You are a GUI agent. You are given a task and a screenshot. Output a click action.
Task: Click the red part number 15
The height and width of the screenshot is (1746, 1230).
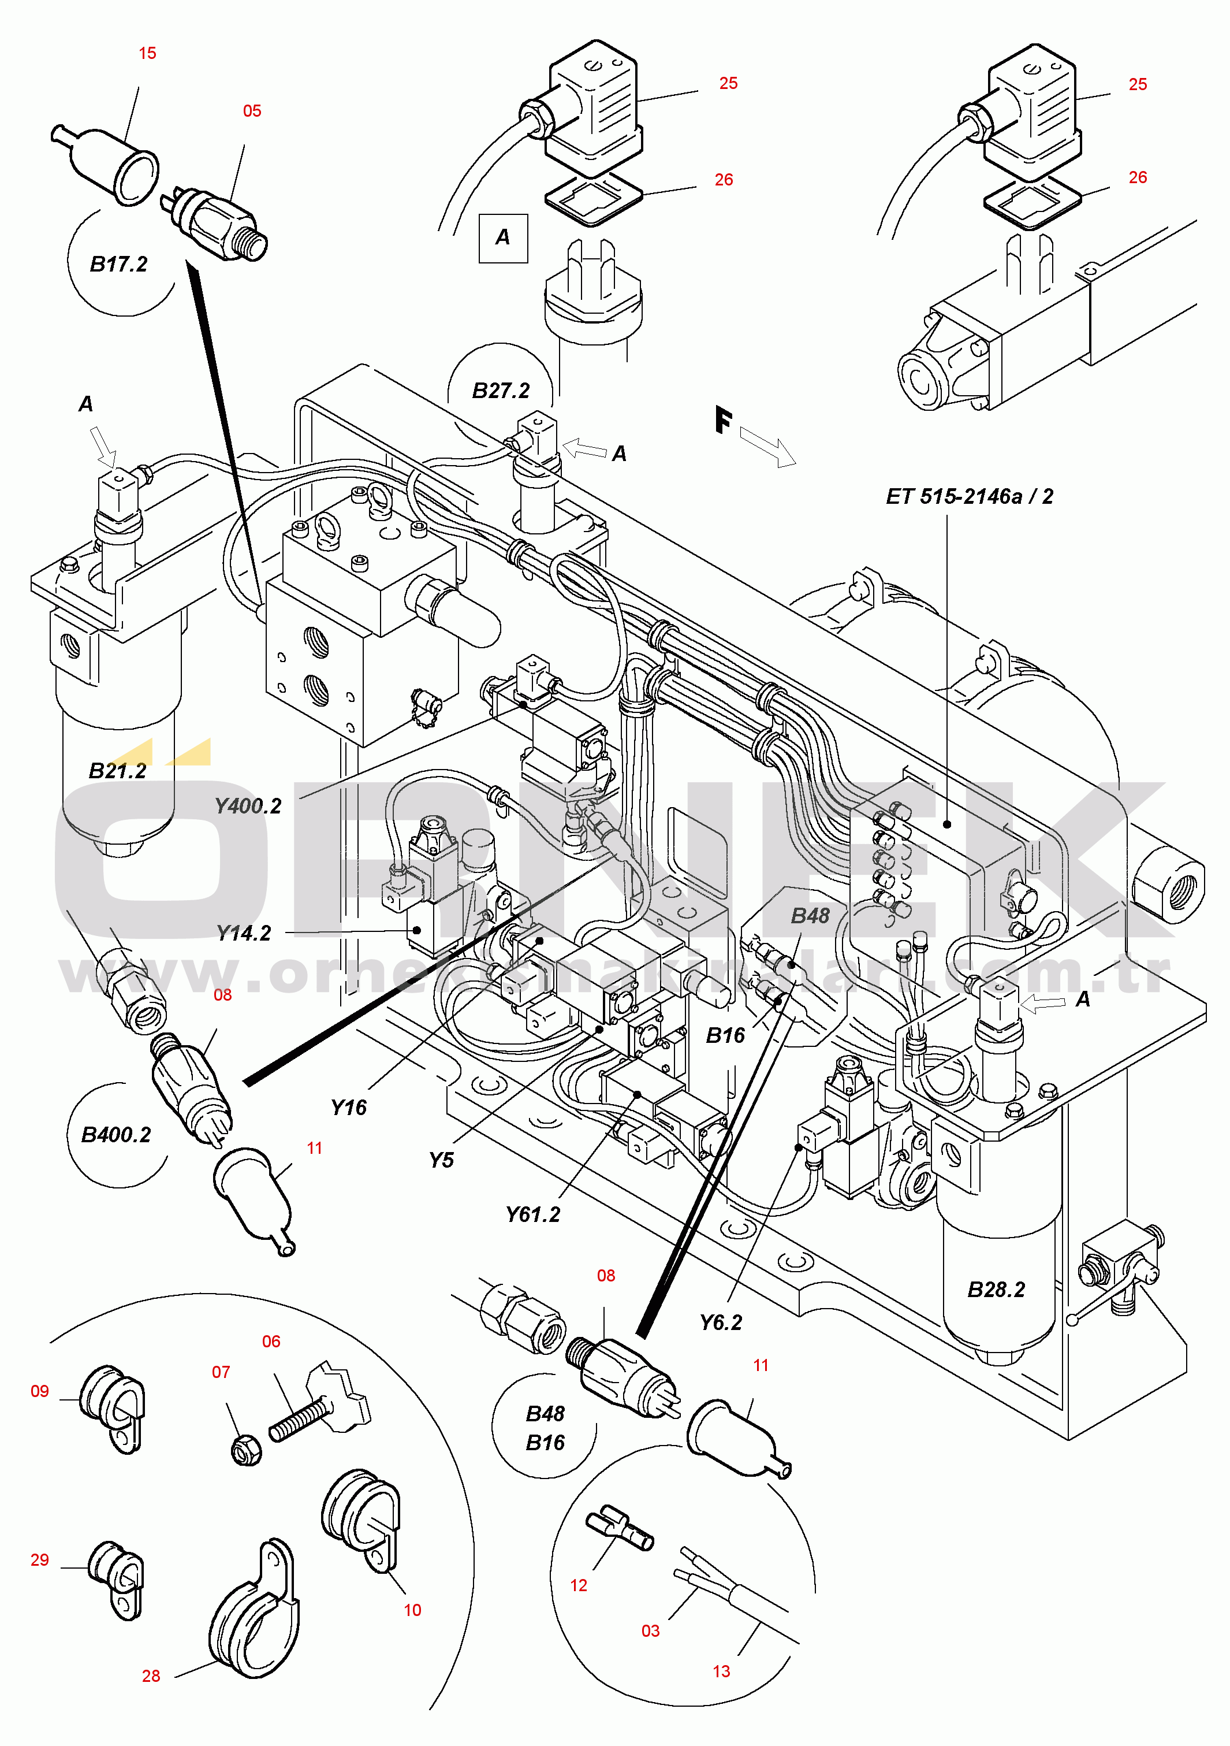[147, 53]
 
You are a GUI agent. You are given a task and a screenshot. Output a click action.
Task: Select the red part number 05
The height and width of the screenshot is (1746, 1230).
[252, 111]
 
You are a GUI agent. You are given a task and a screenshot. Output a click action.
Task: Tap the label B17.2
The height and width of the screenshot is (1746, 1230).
[118, 264]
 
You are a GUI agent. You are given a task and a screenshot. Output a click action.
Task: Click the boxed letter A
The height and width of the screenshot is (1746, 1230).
[502, 237]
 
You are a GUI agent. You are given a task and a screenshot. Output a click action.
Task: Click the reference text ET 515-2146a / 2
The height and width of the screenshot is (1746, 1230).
[969, 496]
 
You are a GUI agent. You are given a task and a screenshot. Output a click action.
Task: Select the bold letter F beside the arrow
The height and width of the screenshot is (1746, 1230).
[724, 420]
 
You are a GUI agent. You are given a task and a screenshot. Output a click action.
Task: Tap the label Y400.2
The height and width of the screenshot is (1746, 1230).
[248, 806]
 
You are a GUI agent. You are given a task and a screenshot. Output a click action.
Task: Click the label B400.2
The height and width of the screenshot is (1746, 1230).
[116, 1135]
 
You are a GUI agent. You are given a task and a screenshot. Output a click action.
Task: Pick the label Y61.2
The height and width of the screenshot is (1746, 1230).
[533, 1214]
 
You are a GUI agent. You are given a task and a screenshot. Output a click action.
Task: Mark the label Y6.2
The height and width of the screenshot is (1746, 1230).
[721, 1322]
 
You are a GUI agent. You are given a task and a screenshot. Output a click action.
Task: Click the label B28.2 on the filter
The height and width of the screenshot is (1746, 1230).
[996, 1290]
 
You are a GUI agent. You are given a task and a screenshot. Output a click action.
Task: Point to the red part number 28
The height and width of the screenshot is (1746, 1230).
[151, 1676]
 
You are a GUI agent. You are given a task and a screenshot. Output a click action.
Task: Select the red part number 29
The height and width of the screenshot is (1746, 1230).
[39, 1560]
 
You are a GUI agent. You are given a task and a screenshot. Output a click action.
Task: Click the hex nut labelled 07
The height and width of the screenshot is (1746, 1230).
[247, 1450]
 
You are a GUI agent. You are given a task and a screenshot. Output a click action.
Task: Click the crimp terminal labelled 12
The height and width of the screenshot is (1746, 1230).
[620, 1526]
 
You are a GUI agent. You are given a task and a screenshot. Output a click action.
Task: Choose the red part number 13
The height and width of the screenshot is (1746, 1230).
[721, 1671]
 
